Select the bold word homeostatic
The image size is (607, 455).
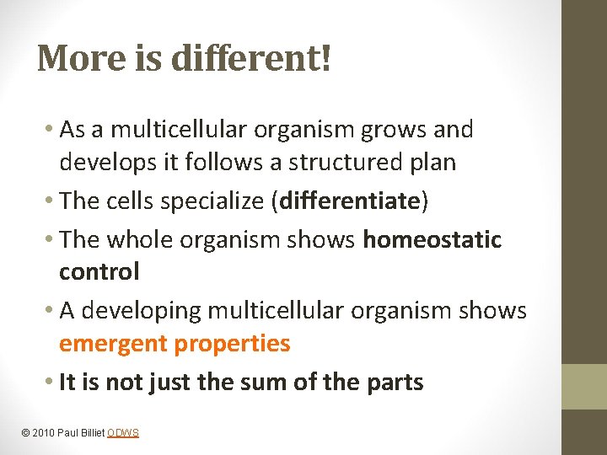pyautogui.click(x=432, y=239)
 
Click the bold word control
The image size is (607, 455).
pyautogui.click(x=99, y=271)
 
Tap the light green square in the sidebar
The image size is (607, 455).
pyautogui.click(x=584, y=387)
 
